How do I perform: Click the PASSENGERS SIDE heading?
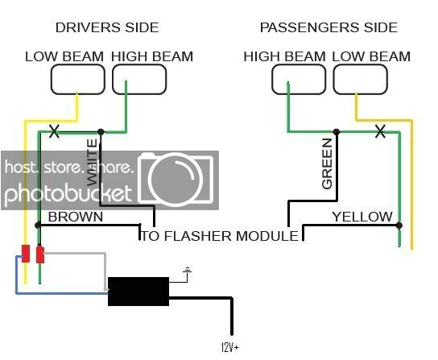click(x=328, y=27)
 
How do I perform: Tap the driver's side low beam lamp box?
click(x=78, y=79)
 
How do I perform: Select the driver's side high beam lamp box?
click(x=139, y=79)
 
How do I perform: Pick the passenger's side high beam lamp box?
click(x=299, y=79)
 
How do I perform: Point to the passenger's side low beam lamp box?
click(x=360, y=79)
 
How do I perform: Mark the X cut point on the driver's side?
click(x=55, y=130)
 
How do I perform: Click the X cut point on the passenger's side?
click(x=380, y=130)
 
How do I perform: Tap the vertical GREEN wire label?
click(x=327, y=163)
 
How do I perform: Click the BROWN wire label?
click(x=76, y=217)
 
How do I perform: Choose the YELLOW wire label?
click(x=362, y=217)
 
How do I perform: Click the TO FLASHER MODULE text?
click(x=220, y=235)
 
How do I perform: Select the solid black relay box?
click(x=138, y=291)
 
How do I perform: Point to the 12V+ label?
click(x=229, y=347)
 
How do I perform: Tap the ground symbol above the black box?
click(x=188, y=272)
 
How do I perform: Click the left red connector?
click(x=26, y=253)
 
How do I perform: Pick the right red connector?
click(x=39, y=254)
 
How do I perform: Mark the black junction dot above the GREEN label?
click(x=337, y=131)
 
